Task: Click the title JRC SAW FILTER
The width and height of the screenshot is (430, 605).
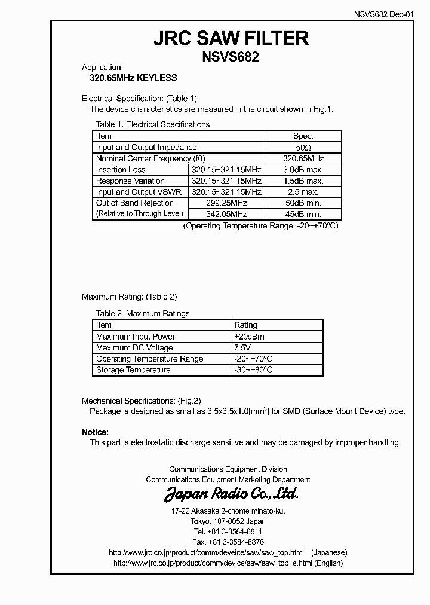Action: click(x=231, y=39)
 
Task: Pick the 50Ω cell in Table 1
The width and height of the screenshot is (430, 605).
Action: click(x=303, y=148)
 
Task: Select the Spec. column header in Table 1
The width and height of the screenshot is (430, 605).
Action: click(x=303, y=136)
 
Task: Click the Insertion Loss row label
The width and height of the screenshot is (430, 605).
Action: click(x=121, y=170)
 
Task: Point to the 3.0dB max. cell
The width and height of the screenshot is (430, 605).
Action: click(x=303, y=170)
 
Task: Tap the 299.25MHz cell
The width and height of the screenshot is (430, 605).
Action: click(x=226, y=203)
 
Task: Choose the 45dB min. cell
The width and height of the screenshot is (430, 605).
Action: click(x=303, y=214)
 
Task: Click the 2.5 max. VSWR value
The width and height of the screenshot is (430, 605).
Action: click(x=303, y=192)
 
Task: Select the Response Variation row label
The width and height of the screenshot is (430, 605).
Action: click(x=130, y=181)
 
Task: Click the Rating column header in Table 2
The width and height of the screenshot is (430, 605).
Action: click(x=245, y=325)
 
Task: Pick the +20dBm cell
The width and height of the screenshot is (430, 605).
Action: click(x=250, y=337)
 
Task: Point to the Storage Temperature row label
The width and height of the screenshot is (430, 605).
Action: click(x=133, y=370)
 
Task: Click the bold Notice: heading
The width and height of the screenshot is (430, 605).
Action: click(x=95, y=432)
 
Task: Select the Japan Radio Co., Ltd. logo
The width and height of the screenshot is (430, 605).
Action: click(x=231, y=494)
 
